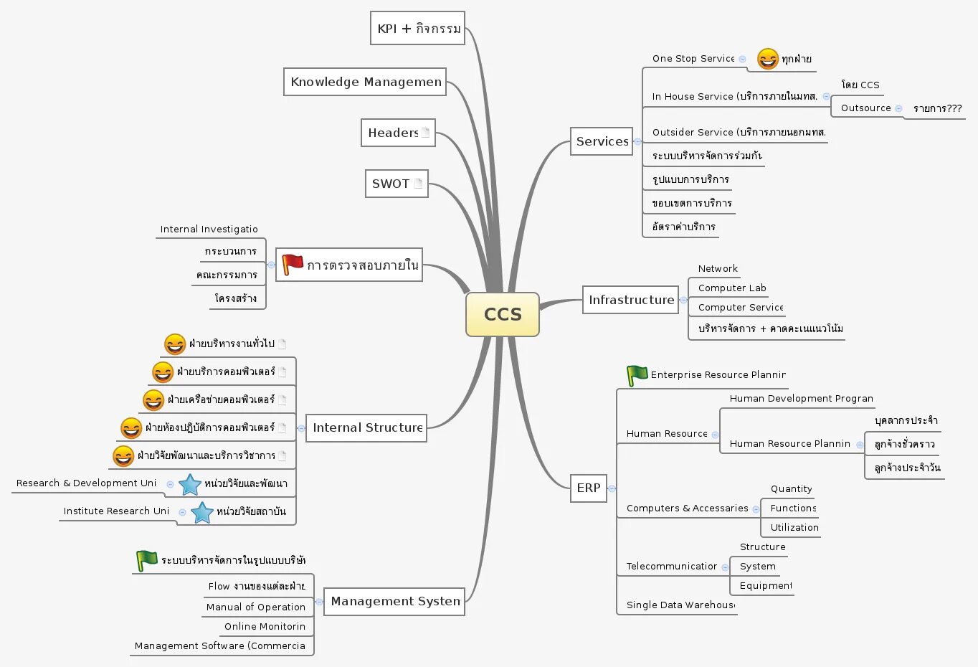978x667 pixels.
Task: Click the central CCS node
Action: pyautogui.click(x=502, y=314)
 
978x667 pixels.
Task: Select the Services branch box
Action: pyautogui.click(x=602, y=141)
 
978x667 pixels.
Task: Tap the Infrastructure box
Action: pyautogui.click(x=631, y=300)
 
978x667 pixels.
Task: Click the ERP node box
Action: pyautogui.click(x=588, y=488)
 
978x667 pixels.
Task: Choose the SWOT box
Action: pyautogui.click(x=397, y=184)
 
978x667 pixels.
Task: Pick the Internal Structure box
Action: pyautogui.click(x=366, y=427)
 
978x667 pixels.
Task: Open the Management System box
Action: pyautogui.click(x=394, y=601)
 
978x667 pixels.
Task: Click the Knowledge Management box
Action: pyautogui.click(x=366, y=82)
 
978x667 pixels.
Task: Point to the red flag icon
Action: pyautogui.click(x=292, y=265)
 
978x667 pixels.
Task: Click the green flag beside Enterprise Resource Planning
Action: pyautogui.click(x=636, y=374)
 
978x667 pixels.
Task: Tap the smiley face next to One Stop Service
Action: pyautogui.click(x=767, y=59)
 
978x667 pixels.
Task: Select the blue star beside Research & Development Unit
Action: pyautogui.click(x=190, y=484)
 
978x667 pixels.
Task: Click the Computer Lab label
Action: pyautogui.click(x=732, y=288)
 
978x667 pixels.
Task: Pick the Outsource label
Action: pyautogui.click(x=865, y=108)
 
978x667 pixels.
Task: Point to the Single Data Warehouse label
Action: pyautogui.click(x=680, y=605)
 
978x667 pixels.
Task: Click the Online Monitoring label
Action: pyautogui.click(x=265, y=626)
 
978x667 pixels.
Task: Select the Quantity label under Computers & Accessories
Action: pyautogui.click(x=791, y=488)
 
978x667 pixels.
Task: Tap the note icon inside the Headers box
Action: pyautogui.click(x=425, y=132)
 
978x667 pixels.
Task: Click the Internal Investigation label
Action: pyautogui.click(x=209, y=229)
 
